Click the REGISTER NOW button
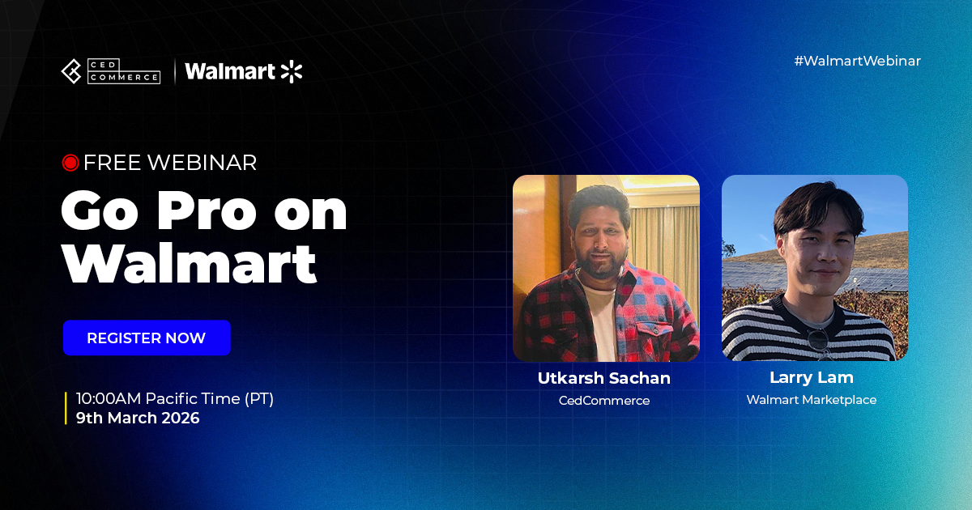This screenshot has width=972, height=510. point(147,338)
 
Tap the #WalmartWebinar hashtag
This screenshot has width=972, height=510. point(857,61)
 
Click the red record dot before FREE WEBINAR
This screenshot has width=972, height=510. point(70,163)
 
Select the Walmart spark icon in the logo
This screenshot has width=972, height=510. point(292,71)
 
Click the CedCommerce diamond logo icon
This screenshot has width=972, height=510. point(71,71)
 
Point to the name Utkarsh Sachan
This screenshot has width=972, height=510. point(604,378)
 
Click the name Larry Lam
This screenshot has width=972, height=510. point(812,378)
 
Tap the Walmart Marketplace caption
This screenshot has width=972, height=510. point(812,400)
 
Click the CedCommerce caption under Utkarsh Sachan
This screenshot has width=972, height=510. point(604,400)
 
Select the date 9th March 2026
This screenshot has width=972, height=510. point(138,418)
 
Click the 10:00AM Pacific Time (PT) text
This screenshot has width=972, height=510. point(175,398)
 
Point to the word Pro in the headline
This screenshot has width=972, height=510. point(207,211)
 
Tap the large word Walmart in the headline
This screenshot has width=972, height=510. point(190,263)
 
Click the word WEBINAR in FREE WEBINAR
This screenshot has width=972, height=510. point(202,163)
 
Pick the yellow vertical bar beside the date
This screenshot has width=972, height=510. point(66,408)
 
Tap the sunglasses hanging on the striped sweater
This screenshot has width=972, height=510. point(818,342)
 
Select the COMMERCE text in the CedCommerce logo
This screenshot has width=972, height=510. point(124,77)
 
